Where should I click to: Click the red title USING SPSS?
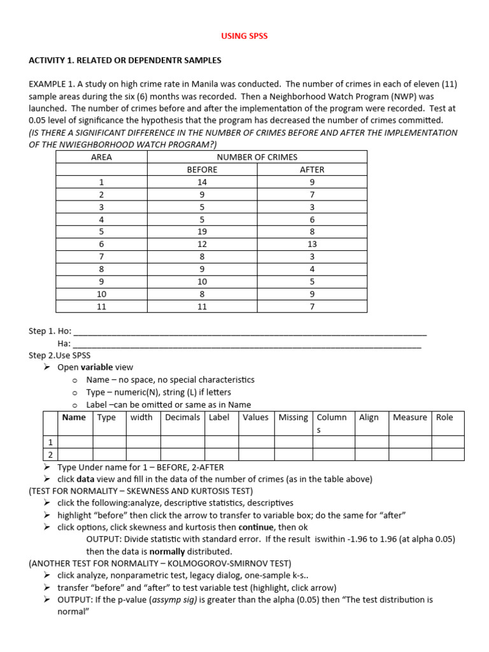pos(244,36)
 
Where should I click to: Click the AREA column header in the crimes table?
pos(102,157)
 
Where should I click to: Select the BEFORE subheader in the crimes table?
pos(202,169)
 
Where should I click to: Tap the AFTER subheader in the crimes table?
pos(312,169)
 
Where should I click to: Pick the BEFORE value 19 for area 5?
pos(202,232)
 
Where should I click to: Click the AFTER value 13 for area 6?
pos(312,244)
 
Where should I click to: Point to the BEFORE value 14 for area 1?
pos(202,182)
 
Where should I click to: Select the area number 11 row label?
pos(102,306)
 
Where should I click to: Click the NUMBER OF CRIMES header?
pos(257,157)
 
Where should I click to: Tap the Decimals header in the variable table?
pos(183,418)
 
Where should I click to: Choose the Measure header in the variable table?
pos(409,418)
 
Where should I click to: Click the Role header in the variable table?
pos(444,418)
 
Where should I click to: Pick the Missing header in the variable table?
pos(293,418)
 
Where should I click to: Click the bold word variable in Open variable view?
pos(96,367)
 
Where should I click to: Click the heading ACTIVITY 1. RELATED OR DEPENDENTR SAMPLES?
pos(125,60)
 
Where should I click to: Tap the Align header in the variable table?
pos(369,418)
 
